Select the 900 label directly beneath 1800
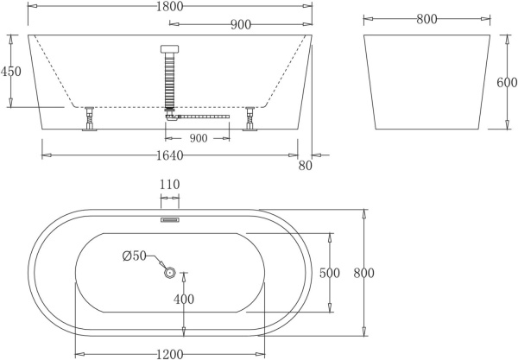241,25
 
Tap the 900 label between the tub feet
198,138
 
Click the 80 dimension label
304,166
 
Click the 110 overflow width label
169,185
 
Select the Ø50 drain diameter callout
135,256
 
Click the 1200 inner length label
169,353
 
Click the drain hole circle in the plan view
170,274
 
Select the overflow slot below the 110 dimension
169,219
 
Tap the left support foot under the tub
89,120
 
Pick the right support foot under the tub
250,120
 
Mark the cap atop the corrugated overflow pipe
169,49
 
